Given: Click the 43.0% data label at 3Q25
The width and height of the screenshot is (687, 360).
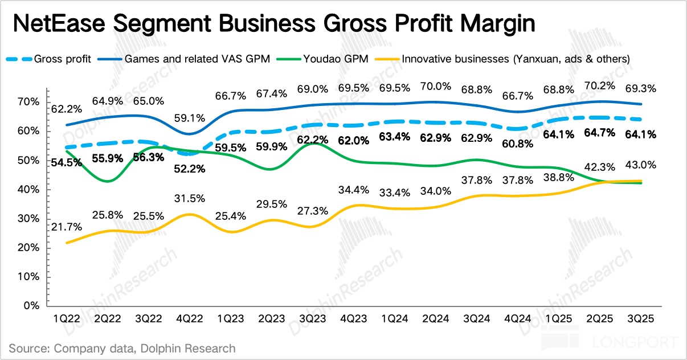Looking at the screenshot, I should (x=641, y=165).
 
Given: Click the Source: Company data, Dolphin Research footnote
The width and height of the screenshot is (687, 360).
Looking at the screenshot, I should (x=122, y=348).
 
